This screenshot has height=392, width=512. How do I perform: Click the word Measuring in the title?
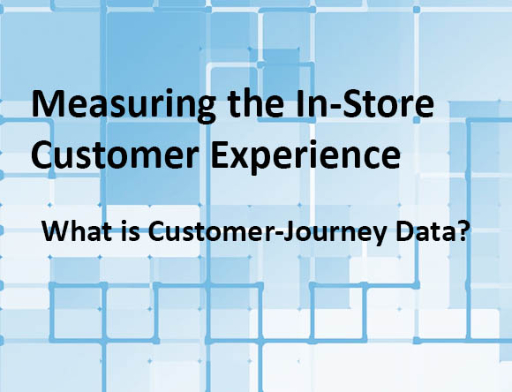click(x=124, y=105)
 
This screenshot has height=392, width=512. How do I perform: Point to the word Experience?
click(x=305, y=156)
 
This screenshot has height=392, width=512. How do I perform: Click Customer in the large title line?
click(x=115, y=155)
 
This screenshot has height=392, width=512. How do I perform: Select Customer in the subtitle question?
click(x=209, y=231)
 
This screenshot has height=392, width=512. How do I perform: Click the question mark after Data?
click(x=459, y=231)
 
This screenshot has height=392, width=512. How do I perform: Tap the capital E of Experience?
click(x=221, y=155)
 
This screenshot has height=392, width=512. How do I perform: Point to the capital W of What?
click(x=56, y=231)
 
